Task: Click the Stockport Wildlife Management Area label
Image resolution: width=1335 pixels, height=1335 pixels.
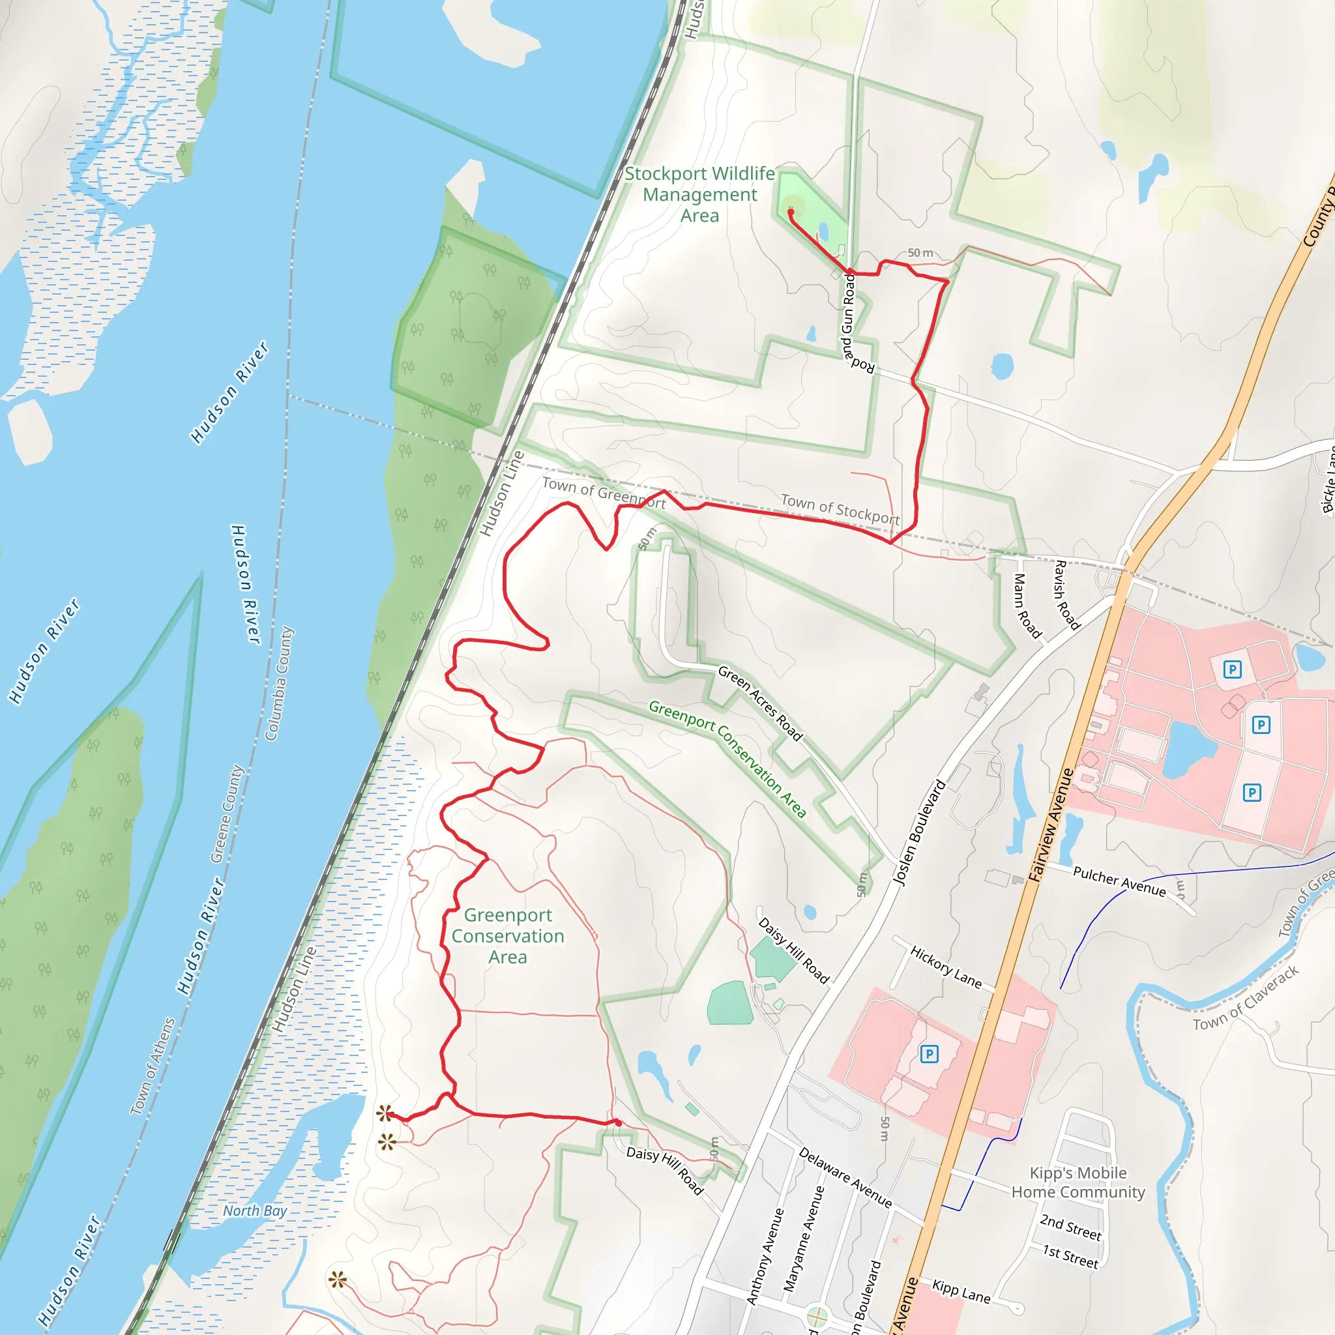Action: point(699,195)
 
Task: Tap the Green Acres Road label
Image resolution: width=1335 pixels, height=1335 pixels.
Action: point(760,703)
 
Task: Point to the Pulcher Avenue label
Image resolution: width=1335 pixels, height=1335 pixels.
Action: point(1119,882)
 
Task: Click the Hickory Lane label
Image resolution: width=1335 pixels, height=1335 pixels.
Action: point(945,967)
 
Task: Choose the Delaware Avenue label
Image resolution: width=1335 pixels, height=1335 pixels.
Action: point(844,1177)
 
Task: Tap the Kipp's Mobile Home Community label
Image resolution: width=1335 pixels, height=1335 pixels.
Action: point(1078,1182)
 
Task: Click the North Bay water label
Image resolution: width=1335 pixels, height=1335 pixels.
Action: point(254,1210)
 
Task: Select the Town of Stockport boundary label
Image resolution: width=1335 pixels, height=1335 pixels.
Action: point(840,509)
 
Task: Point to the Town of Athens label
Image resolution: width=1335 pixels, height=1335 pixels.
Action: point(153,1066)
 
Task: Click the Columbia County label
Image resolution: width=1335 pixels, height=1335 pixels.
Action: point(279,683)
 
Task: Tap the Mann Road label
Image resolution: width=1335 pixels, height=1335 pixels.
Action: point(1027,606)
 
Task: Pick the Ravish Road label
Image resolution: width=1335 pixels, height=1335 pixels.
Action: point(1066,595)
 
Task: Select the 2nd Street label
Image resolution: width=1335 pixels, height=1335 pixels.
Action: point(1070,1227)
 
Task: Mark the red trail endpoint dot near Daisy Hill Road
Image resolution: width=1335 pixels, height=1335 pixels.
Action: point(618,1124)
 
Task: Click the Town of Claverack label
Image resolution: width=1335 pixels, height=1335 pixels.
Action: point(1246,999)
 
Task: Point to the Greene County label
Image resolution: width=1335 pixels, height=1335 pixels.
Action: point(227,814)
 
